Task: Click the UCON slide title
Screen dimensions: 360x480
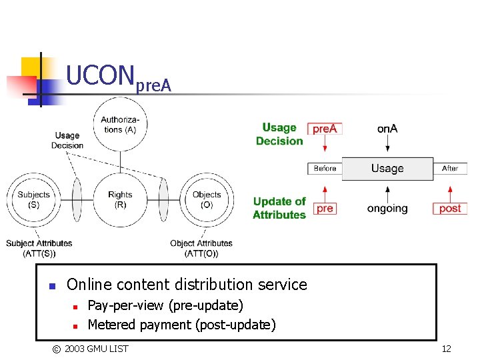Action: click(119, 77)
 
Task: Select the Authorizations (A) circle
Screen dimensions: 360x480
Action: click(120, 125)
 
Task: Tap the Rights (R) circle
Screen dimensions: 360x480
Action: click(120, 199)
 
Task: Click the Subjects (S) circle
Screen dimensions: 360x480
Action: click(34, 199)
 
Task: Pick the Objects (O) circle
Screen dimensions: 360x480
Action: click(207, 199)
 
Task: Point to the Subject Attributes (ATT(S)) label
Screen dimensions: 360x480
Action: click(39, 248)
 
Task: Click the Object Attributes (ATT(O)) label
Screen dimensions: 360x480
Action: click(201, 248)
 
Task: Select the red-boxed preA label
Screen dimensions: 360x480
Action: click(325, 128)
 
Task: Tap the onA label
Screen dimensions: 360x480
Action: click(387, 128)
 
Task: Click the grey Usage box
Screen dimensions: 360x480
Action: click(387, 168)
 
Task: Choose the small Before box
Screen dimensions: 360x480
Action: click(325, 168)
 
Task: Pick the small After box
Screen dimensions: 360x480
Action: click(450, 168)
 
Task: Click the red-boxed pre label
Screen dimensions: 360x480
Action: click(325, 208)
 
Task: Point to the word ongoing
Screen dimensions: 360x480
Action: click(387, 208)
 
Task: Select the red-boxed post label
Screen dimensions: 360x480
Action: click(450, 208)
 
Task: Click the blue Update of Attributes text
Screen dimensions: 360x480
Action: click(279, 208)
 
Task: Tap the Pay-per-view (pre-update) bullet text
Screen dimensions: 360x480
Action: click(165, 305)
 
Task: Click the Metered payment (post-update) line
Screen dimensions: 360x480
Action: click(181, 325)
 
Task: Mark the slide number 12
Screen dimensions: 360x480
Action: click(446, 349)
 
